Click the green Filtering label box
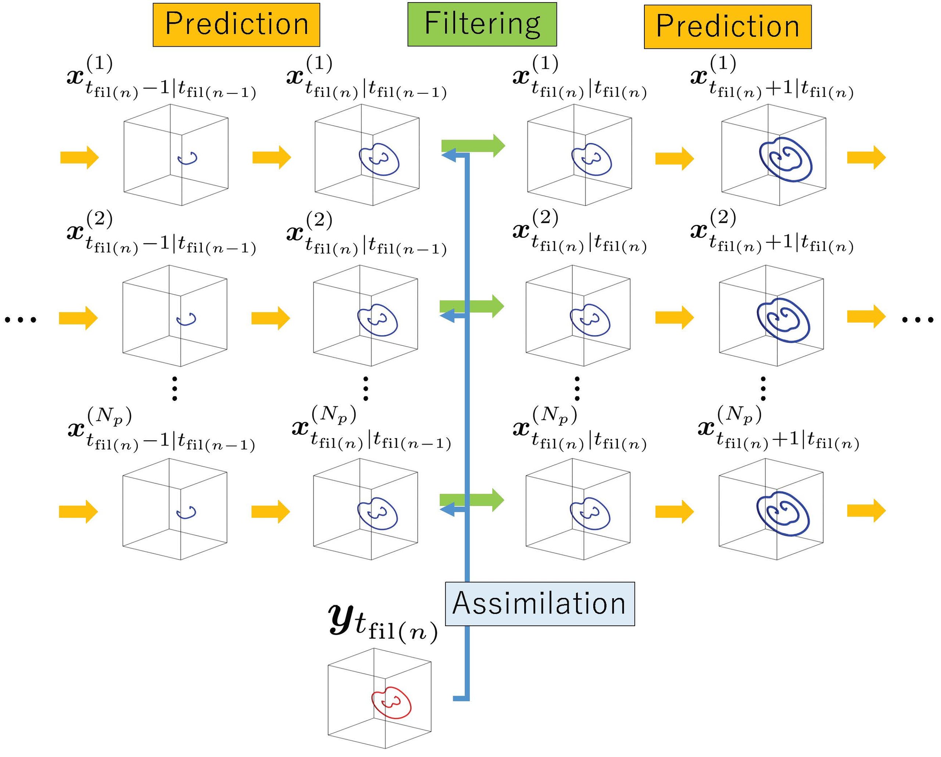coord(482,24)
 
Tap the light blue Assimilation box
coord(540,604)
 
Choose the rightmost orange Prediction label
coord(727,26)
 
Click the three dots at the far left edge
coord(20,320)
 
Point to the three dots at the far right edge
coord(917,320)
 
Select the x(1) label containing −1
coord(161,79)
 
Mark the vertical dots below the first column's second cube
coord(175,387)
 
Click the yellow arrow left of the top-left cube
coord(79,157)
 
